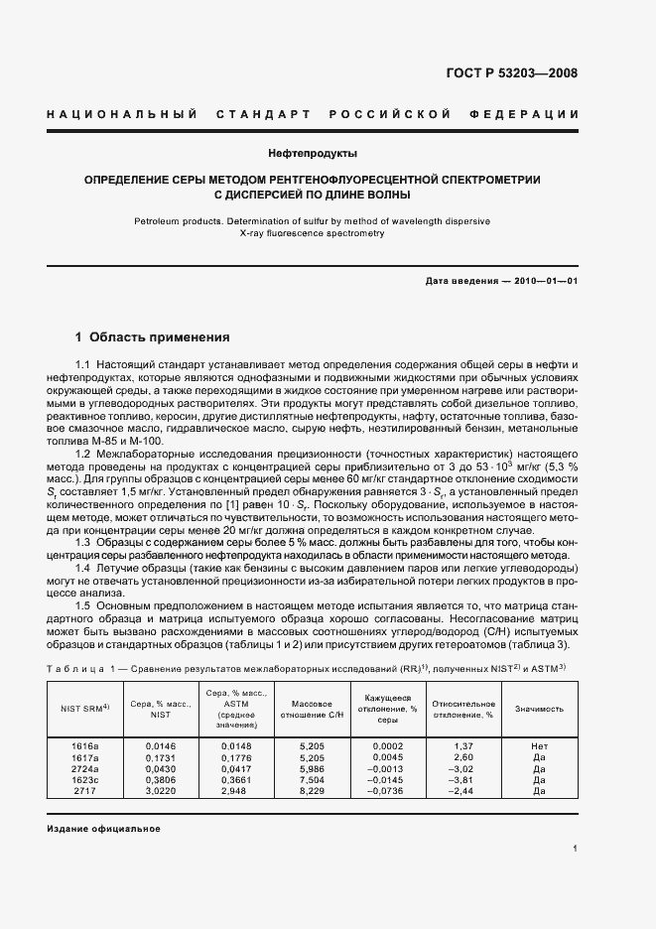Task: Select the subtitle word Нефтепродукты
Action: pyautogui.click(x=313, y=154)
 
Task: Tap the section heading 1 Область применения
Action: pyautogui.click(x=153, y=336)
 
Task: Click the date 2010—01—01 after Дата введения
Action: pyautogui.click(x=546, y=281)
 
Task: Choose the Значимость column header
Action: pyautogui.click(x=539, y=709)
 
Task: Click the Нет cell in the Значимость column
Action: pyautogui.click(x=539, y=743)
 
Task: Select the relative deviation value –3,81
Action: pyautogui.click(x=464, y=779)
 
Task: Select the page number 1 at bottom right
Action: pyautogui.click(x=576, y=850)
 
